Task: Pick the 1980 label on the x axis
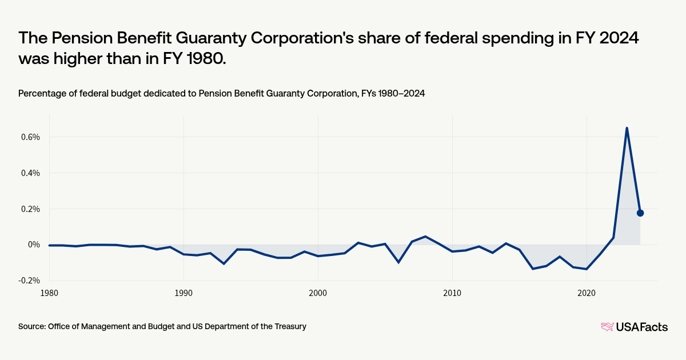(49, 293)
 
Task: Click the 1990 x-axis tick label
(184, 293)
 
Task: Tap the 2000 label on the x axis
(318, 293)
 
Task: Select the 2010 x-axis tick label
(452, 293)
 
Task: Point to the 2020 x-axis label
(587, 293)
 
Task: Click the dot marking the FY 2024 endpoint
(640, 213)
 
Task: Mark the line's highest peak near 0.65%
(627, 128)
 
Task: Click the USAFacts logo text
(641, 327)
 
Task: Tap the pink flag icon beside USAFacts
(607, 327)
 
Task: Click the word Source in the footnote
(32, 326)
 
